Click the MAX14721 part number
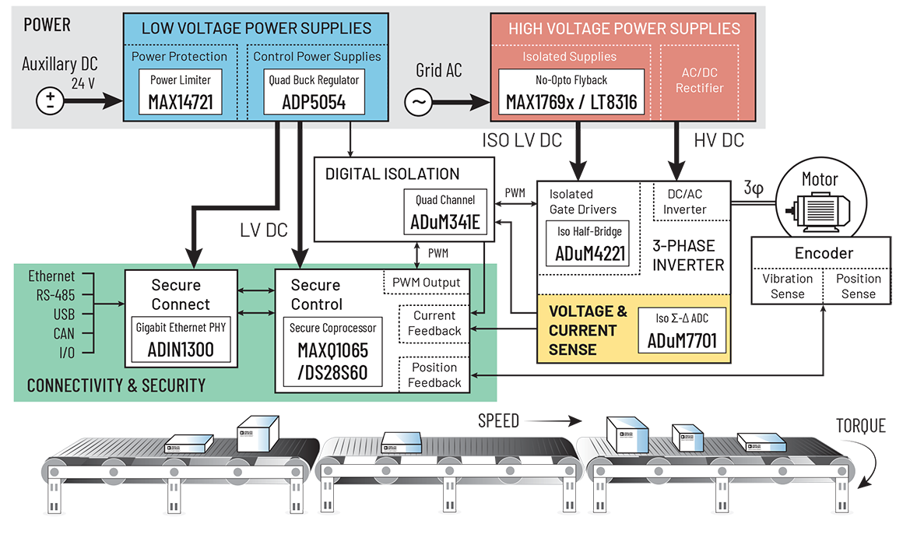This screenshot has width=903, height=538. [181, 102]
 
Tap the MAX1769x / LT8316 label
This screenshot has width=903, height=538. [571, 103]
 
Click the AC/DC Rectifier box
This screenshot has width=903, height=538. [699, 80]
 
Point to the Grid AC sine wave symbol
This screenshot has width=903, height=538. [419, 102]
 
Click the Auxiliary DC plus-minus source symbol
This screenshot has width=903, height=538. [51, 100]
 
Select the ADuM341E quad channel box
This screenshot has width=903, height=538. [445, 213]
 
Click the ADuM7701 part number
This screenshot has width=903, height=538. [683, 341]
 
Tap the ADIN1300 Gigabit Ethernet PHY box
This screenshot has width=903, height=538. [181, 340]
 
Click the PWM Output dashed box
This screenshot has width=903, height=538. [426, 283]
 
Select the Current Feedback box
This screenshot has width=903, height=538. [434, 323]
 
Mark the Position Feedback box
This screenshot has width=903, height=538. [434, 374]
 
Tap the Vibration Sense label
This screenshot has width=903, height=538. [787, 286]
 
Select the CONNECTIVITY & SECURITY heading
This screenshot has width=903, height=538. [116, 385]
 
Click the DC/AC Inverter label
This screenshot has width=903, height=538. [686, 202]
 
